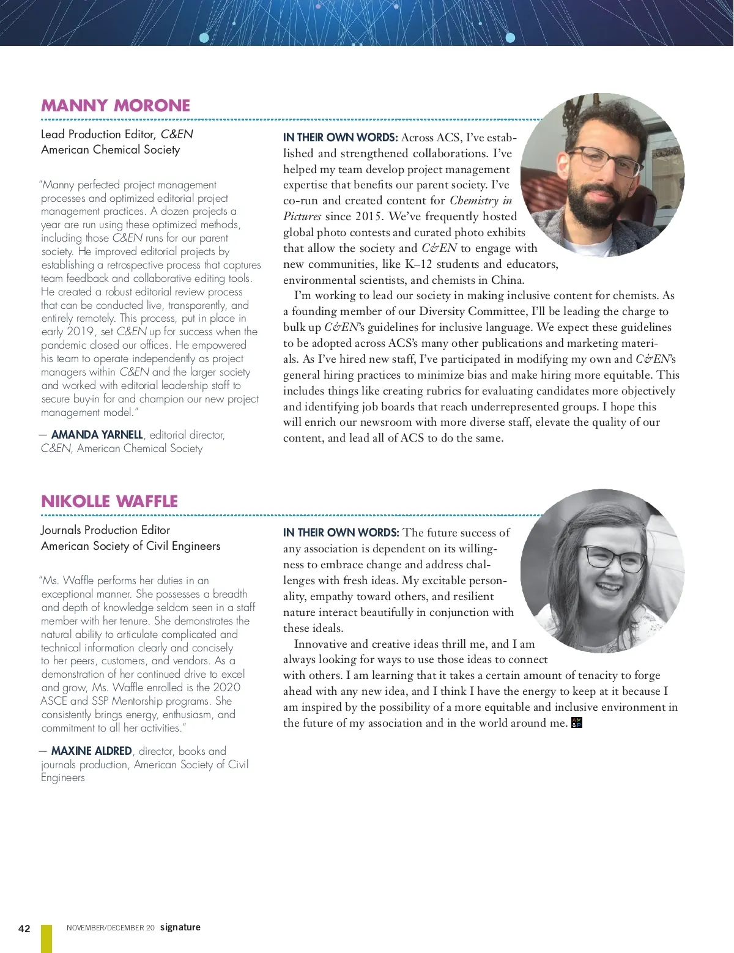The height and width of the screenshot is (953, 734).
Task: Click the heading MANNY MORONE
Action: coord(116,105)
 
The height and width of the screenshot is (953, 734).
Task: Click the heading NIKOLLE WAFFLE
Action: coord(109,501)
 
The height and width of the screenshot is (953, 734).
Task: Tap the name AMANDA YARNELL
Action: coord(97,435)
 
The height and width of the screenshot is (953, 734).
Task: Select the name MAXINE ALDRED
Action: coord(92,751)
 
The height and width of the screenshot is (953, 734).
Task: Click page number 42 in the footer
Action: coord(24,929)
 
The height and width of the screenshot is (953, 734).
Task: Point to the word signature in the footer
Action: coord(180,927)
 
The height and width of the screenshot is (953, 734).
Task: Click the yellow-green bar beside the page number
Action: coord(46,938)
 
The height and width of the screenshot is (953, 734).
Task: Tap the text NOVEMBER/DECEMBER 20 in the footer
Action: coord(111,928)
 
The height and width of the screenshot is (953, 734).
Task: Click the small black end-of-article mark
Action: coord(576,723)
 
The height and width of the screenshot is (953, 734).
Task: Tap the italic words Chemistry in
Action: coord(481,201)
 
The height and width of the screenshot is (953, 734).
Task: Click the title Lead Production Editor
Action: coord(98,134)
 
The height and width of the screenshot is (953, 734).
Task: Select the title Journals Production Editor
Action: coord(105,530)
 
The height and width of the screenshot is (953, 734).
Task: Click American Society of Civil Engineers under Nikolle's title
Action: coord(130,546)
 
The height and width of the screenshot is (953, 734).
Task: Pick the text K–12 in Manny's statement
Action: coord(420,264)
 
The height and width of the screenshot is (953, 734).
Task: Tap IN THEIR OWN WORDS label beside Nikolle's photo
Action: coord(341,533)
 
